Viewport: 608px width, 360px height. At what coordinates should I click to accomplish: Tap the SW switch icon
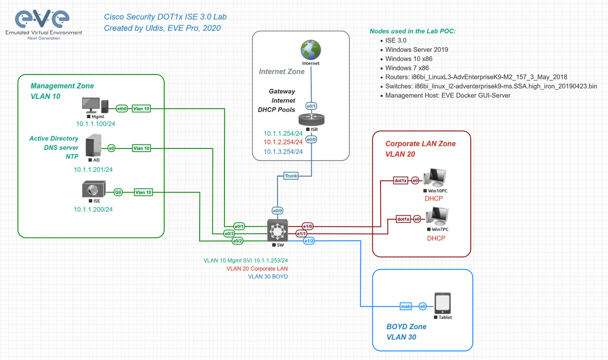pos(277,231)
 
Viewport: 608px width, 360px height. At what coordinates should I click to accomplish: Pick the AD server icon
pos(93,146)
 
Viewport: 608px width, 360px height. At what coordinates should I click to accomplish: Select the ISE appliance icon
pos(93,190)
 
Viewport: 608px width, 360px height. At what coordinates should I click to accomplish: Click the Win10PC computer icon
pos(434,177)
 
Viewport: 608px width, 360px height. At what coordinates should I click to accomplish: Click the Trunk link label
pos(291,176)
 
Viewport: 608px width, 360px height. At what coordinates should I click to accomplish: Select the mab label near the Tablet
pos(405,306)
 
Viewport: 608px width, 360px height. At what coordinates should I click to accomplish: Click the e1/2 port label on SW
pos(309,241)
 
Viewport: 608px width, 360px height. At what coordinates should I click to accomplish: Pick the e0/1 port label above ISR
pos(311,106)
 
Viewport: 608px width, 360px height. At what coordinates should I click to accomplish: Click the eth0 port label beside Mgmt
pos(122,109)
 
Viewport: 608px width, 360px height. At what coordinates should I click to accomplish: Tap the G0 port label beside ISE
pos(118,192)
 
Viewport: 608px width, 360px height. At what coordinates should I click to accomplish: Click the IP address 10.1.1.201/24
pos(93,169)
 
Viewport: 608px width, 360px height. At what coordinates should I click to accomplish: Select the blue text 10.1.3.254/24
pos(283,152)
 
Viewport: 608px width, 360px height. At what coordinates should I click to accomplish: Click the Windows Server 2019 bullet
pos(416,50)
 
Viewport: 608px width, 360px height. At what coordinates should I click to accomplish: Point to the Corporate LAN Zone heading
pos(421,144)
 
